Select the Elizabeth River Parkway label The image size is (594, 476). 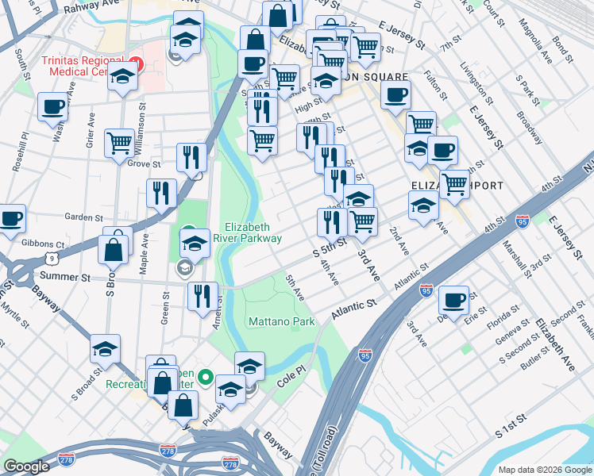pyautogui.click(x=253, y=232)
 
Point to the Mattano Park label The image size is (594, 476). pyautogui.click(x=281, y=321)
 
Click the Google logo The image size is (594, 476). pyautogui.click(x=26, y=466)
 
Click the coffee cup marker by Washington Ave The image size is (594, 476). pyautogui.click(x=52, y=107)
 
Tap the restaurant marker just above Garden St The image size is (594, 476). pyautogui.click(x=161, y=194)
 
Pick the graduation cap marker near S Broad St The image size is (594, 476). pyautogui.click(x=104, y=350)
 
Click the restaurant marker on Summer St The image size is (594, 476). pyautogui.click(x=202, y=297)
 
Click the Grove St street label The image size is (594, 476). pyautogui.click(x=144, y=164)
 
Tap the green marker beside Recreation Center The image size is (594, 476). pyautogui.click(x=205, y=377)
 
